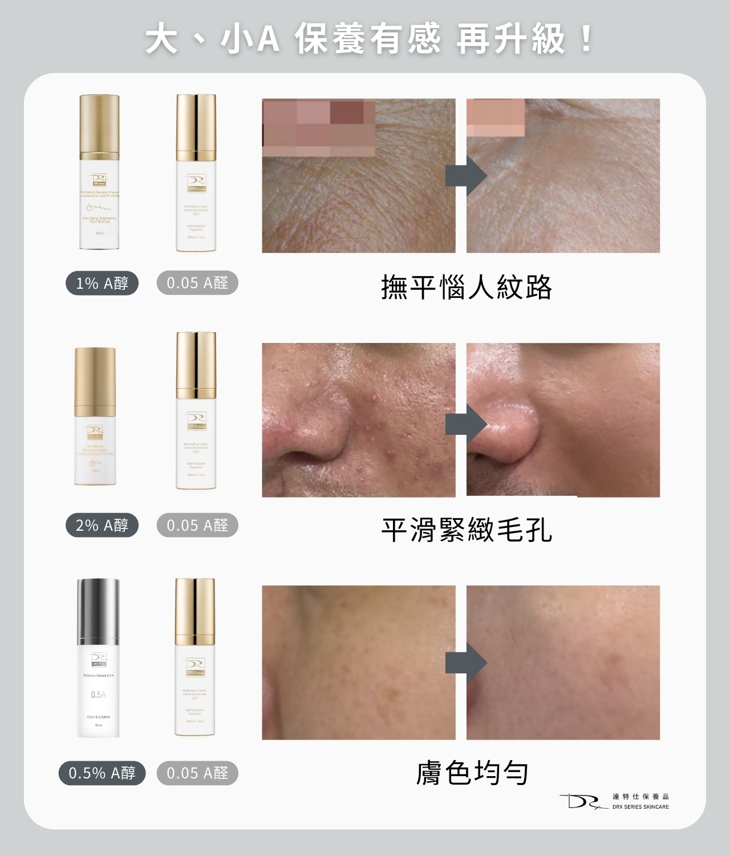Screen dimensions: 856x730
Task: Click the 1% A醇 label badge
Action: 102,283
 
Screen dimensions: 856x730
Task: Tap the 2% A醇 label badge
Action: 102,525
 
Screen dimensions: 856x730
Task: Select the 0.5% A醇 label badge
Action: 102,773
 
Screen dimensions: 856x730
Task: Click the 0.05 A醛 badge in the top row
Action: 197,283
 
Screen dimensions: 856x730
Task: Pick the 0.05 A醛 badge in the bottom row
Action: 197,773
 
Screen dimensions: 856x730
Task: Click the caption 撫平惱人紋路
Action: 467,287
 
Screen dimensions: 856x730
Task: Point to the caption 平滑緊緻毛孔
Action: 467,530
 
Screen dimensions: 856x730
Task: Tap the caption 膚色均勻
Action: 472,773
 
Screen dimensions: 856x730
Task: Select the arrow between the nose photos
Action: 465,425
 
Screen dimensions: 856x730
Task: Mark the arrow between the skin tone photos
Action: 465,663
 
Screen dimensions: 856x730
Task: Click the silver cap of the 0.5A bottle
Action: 98,611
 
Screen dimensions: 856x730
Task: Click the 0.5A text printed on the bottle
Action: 98,695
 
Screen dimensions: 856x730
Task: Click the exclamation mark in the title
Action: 586,40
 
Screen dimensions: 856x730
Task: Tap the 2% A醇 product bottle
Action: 95,417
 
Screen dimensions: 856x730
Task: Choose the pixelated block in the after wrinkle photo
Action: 495,118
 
